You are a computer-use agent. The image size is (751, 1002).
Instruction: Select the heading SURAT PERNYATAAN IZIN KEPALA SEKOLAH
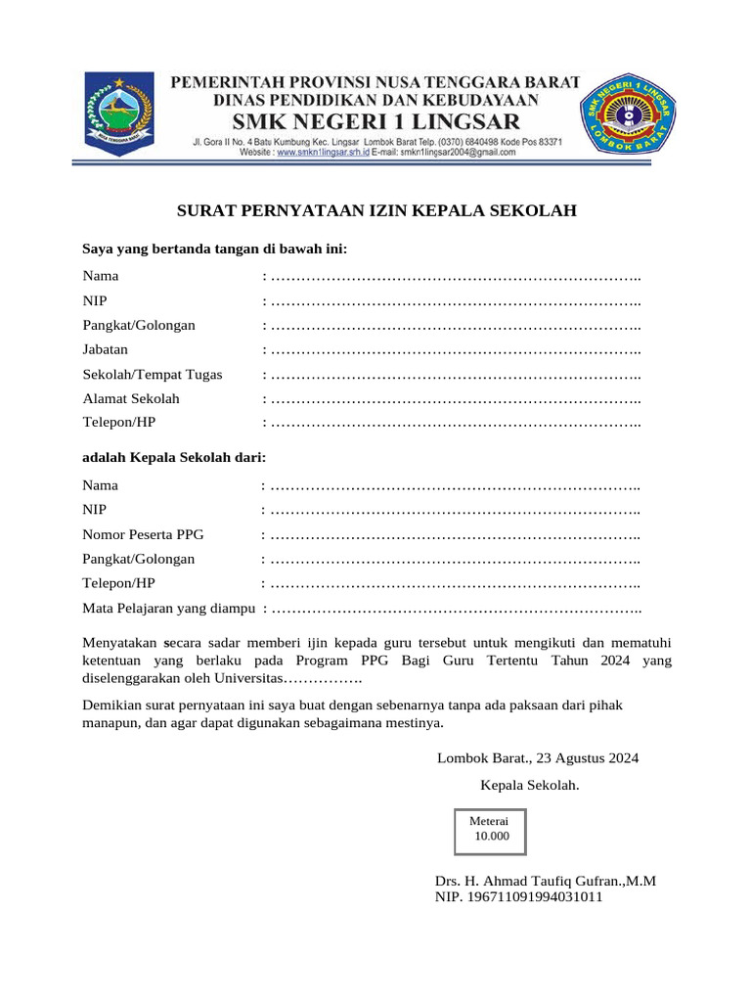pyautogui.click(x=375, y=210)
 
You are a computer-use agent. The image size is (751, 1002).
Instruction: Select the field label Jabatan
pyautogui.click(x=106, y=349)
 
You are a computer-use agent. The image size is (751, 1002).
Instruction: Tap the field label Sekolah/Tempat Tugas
pyautogui.click(x=153, y=374)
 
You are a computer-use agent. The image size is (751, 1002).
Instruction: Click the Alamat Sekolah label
pyautogui.click(x=131, y=398)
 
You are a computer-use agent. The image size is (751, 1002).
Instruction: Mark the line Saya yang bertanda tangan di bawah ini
pyautogui.click(x=215, y=250)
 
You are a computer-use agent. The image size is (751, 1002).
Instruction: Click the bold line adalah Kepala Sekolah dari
pyautogui.click(x=174, y=457)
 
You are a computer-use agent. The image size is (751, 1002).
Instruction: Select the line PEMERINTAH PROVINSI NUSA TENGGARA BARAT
pyautogui.click(x=376, y=82)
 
